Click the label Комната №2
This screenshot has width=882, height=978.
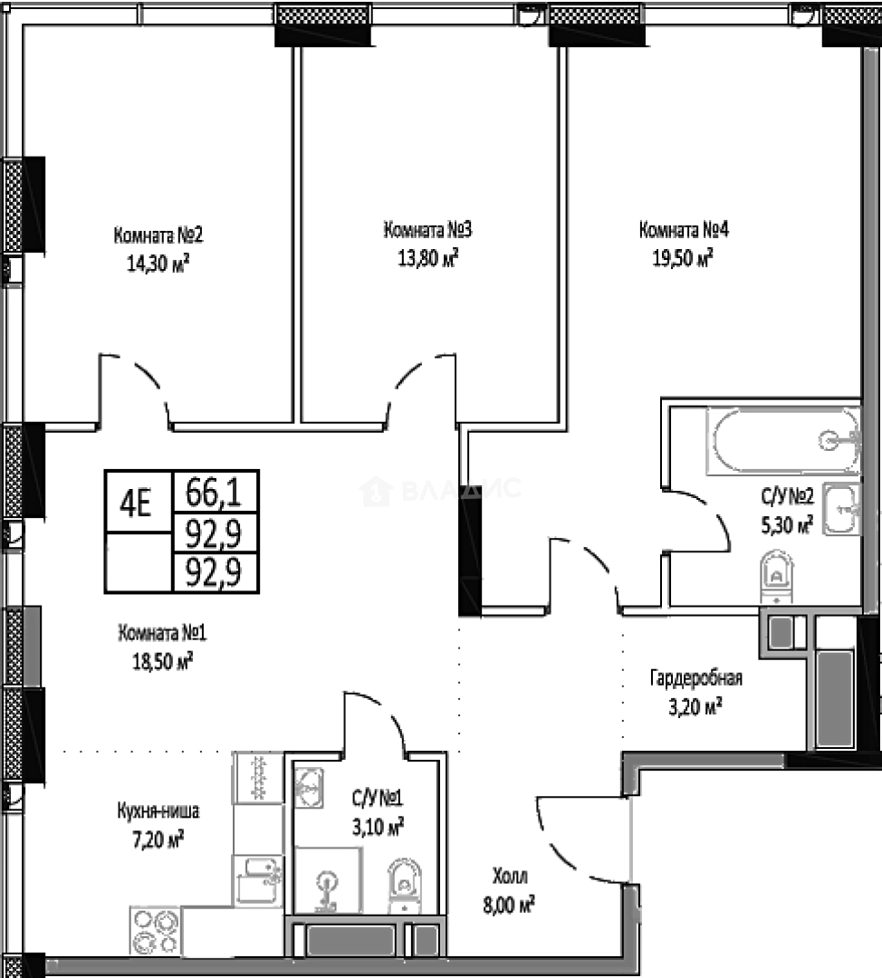(158, 237)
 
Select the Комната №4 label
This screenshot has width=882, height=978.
(684, 230)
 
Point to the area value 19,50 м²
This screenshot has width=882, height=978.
(683, 258)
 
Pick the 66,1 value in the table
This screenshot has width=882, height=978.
(214, 494)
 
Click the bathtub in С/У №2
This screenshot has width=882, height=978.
(783, 441)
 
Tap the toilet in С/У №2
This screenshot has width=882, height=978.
(776, 576)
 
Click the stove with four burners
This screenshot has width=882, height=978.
(155, 929)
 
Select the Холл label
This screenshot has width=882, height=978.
(510, 876)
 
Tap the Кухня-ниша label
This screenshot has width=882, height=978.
(158, 810)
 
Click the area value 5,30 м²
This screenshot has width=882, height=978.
(785, 524)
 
